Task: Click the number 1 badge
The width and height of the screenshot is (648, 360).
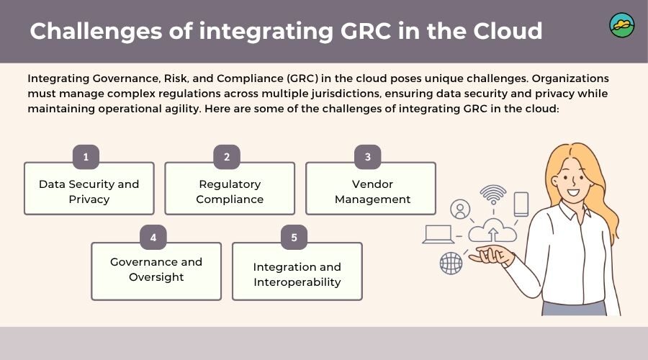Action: [86, 157]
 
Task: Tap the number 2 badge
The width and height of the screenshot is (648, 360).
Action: [227, 157]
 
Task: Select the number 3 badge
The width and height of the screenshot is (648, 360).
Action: [367, 157]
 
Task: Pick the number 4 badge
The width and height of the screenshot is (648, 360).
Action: [153, 237]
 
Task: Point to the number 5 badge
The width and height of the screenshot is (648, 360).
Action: [294, 237]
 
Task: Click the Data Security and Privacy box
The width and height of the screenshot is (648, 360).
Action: [89, 190]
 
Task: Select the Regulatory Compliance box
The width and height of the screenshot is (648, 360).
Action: [230, 190]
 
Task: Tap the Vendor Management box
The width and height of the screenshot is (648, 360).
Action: [371, 190]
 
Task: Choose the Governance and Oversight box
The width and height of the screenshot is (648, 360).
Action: [156, 271]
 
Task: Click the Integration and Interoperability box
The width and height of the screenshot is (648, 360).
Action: [297, 273]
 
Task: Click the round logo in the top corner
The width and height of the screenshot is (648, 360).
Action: [621, 25]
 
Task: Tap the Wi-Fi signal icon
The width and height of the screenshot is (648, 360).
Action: [493, 194]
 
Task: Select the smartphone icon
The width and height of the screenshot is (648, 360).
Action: [521, 203]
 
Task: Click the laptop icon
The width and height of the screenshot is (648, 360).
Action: [438, 234]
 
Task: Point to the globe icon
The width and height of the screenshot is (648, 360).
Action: [451, 263]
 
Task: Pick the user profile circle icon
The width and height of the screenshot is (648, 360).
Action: [459, 210]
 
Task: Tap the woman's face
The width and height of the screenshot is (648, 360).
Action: [572, 180]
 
